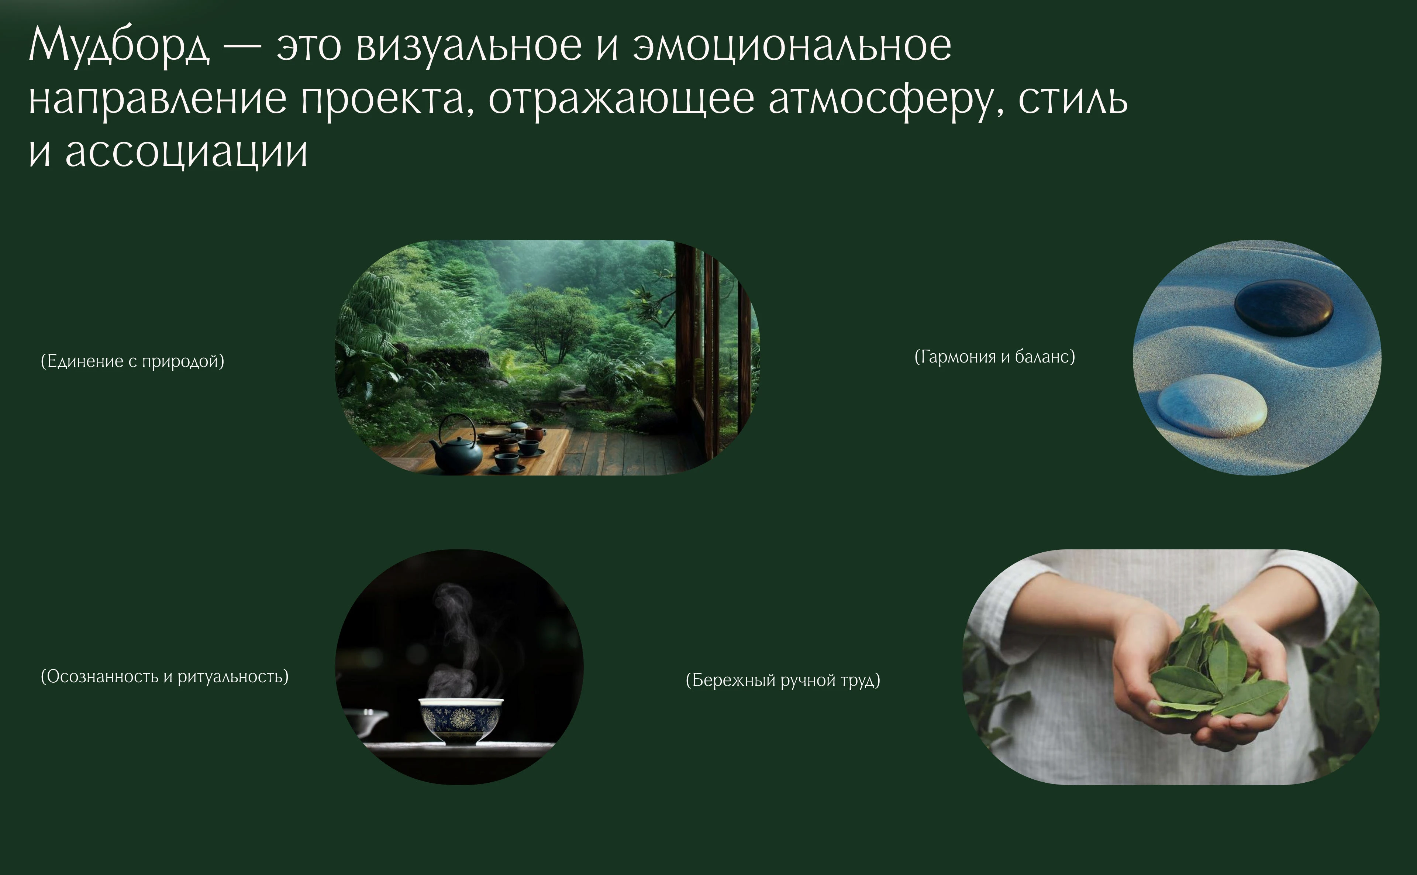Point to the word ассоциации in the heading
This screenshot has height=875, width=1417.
(x=186, y=153)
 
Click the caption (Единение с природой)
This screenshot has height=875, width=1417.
(x=132, y=361)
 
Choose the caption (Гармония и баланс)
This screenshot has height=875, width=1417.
(x=994, y=357)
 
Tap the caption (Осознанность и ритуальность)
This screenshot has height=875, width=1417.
(x=164, y=676)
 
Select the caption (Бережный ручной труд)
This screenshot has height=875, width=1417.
(x=783, y=680)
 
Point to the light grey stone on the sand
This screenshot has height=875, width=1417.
(x=1212, y=405)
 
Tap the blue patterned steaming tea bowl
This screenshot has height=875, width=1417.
(x=461, y=720)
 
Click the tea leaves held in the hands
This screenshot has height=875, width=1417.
(x=1214, y=671)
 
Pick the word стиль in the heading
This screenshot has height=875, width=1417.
(x=1072, y=100)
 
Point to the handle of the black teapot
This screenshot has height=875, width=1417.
(x=457, y=425)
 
